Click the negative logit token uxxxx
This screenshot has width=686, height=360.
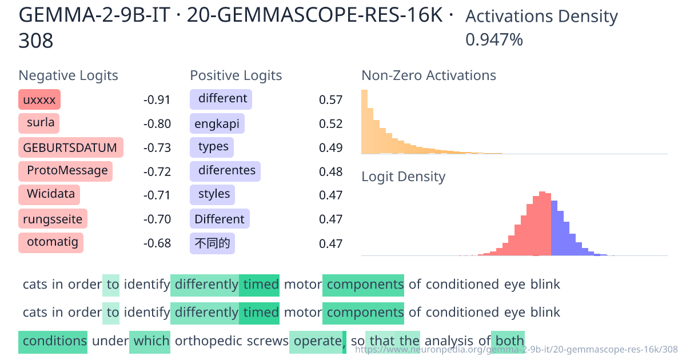tap(39, 100)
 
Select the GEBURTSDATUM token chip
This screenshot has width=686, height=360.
tap(70, 148)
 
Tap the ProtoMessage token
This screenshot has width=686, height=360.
tap(65, 171)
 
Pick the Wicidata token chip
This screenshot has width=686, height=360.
tap(49, 194)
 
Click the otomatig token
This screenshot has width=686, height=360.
tap(51, 242)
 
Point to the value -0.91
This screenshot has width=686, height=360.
tap(157, 101)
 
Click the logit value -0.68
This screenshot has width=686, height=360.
tap(157, 243)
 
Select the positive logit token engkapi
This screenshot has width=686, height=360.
tap(217, 124)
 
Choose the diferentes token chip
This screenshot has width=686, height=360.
tap(225, 171)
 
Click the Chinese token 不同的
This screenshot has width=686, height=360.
tap(212, 243)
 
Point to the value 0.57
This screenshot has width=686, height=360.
tap(330, 101)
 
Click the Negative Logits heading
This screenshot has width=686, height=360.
tap(69, 75)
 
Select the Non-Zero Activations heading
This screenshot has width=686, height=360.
tap(429, 75)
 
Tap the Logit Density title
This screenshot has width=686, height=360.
tap(403, 177)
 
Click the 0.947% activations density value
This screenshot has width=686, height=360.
tap(494, 40)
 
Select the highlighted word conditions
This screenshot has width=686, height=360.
tap(53, 341)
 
